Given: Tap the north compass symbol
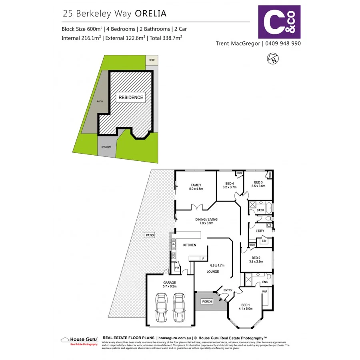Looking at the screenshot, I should tap(273, 59).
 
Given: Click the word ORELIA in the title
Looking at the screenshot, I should tap(151, 13).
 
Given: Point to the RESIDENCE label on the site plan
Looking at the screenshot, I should tap(130, 97).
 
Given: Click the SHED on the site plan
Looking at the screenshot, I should tap(152, 60).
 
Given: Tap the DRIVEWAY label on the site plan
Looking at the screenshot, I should tap(106, 147).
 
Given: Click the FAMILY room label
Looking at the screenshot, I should tap(196, 185).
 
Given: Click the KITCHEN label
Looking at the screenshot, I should tap(190, 245).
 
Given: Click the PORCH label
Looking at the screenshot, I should tap(207, 301).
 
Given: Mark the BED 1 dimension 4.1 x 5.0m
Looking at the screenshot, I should tap(246, 308).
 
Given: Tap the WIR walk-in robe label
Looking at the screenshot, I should tap(264, 292).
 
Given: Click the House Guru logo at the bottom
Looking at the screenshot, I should tap(79, 340).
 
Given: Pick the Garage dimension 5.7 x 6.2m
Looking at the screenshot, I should tap(170, 287).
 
